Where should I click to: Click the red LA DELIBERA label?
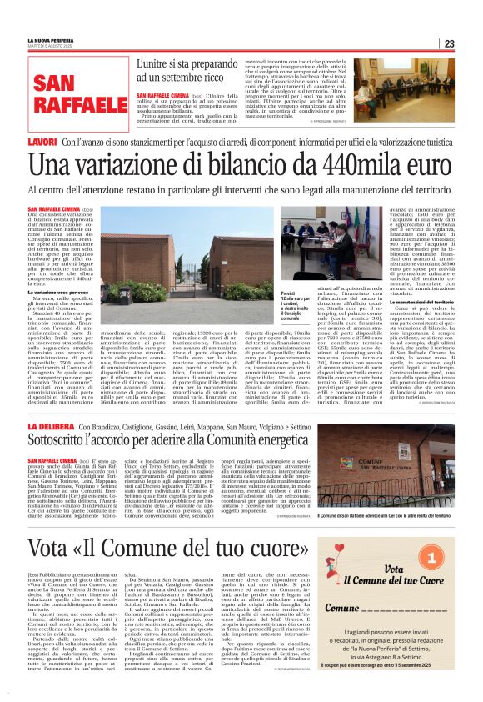[51, 427]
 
